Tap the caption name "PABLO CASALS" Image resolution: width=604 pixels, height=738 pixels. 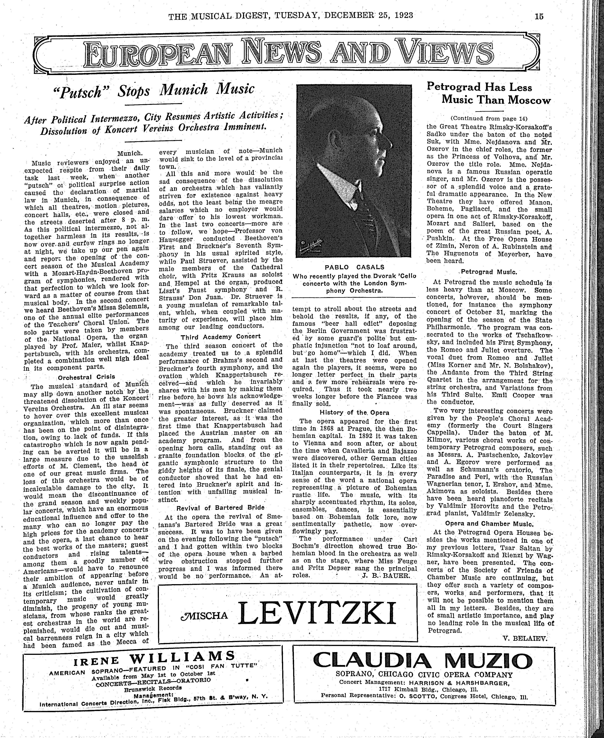(x=354, y=267)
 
